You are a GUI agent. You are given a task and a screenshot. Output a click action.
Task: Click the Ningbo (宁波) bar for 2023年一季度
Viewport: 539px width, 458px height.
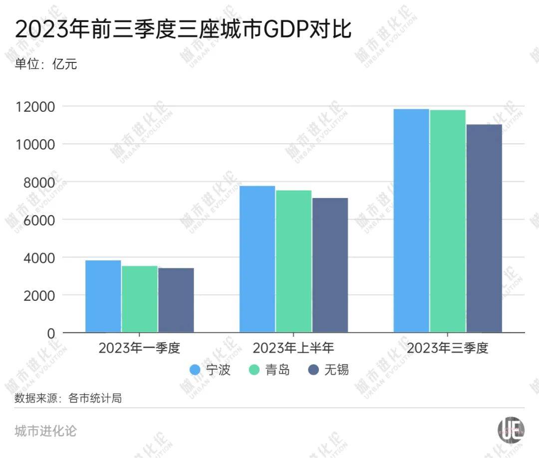click(x=103, y=296)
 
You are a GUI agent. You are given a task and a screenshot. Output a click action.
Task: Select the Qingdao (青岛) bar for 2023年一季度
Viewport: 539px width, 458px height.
click(x=140, y=299)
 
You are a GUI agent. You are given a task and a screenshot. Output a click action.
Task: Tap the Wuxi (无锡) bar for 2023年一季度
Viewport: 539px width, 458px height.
click(x=176, y=300)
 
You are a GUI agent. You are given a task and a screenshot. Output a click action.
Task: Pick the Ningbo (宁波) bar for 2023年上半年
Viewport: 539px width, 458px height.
click(x=258, y=259)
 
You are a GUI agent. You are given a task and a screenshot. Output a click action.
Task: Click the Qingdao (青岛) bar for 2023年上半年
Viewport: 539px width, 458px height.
click(x=294, y=261)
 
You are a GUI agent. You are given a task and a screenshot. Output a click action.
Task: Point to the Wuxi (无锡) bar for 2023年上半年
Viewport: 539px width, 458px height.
click(x=330, y=265)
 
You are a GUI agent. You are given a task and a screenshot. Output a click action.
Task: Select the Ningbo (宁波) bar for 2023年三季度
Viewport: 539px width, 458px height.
click(x=411, y=221)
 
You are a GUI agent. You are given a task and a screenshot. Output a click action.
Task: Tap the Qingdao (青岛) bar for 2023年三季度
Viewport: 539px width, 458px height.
click(x=448, y=221)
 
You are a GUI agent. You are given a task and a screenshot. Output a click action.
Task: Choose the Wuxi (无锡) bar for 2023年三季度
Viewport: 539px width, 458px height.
click(x=484, y=229)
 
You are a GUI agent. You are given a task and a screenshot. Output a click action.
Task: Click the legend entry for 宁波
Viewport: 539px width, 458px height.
click(x=210, y=370)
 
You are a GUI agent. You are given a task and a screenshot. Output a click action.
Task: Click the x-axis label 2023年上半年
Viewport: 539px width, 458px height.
click(x=293, y=348)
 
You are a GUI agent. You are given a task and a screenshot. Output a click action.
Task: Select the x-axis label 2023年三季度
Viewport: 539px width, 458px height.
click(x=447, y=348)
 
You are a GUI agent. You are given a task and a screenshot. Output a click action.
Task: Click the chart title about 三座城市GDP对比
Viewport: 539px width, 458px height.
click(x=184, y=29)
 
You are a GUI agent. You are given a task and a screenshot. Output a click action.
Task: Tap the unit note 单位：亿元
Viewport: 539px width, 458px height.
click(x=46, y=64)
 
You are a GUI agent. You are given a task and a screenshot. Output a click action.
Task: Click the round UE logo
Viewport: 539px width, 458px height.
click(x=511, y=430)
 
